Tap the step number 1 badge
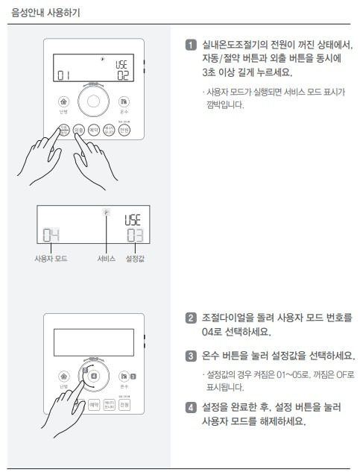coord(192,46)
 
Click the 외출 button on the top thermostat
coord(79,130)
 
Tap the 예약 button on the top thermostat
coord(94,130)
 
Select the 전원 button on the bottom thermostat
coord(124,404)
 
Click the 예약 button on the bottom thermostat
coord(94,404)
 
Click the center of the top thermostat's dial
coord(94,101)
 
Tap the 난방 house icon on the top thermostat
coord(63,101)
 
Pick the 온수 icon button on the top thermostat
coord(124,101)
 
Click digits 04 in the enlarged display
coord(51,236)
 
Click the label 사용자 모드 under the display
coord(51,259)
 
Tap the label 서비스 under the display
coord(107,259)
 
